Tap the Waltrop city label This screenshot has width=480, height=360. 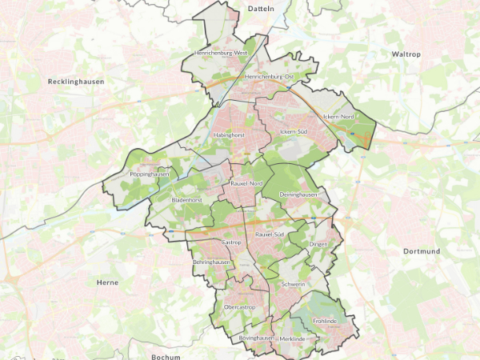pos(406,54)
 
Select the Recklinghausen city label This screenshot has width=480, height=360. pos(76,82)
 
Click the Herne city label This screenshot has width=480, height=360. pos(106,282)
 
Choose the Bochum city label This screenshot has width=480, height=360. pos(166,356)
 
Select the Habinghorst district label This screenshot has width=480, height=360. pos(229,135)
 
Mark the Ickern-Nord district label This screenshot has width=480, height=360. pos(338,117)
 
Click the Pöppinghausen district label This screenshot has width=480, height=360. pos(150,174)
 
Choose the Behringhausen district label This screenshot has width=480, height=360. pos(212,262)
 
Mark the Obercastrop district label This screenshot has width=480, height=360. pos(239,306)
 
